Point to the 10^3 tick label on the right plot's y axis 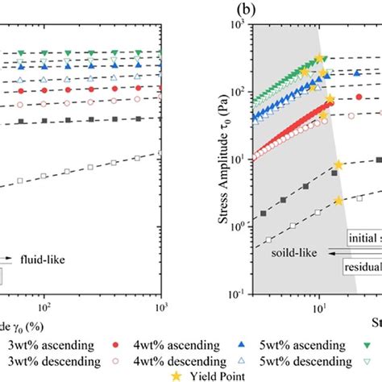coord(240,25)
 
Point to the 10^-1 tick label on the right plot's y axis coord(239,295)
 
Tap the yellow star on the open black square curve coord(338,201)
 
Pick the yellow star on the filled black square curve coord(338,164)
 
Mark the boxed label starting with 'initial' coord(362,239)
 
